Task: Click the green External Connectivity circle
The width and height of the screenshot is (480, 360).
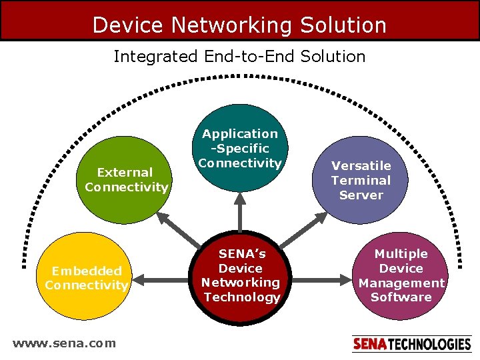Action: coord(127,180)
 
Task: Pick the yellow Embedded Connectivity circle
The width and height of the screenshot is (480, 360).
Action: coord(86,277)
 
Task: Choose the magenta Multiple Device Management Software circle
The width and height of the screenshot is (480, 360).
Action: coord(401,275)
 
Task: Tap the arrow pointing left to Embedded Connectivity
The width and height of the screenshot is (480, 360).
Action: coord(163,280)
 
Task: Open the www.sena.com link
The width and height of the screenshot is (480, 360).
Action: coord(64,343)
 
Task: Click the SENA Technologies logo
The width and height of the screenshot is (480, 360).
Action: coord(411,344)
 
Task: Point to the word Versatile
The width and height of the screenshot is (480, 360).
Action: coord(361,165)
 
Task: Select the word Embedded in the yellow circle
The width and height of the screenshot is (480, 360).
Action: coord(87,271)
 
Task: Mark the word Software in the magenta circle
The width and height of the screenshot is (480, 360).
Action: coord(401,297)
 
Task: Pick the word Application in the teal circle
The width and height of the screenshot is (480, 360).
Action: coord(240,134)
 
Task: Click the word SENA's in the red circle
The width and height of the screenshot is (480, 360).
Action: coord(241,254)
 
